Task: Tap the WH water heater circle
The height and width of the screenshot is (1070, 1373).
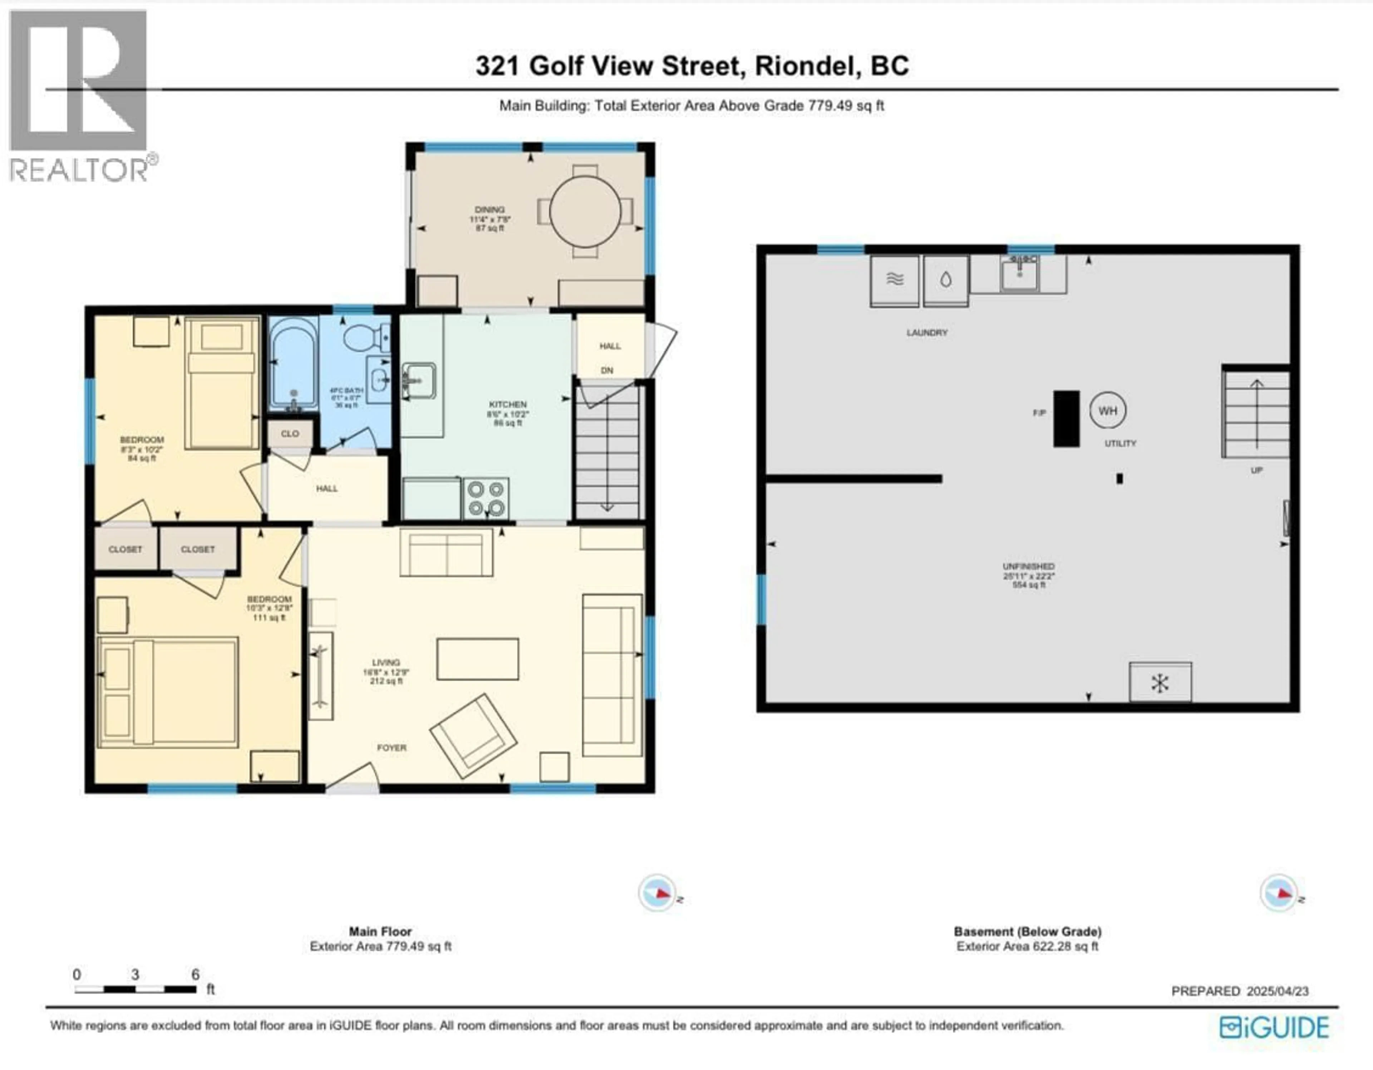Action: point(1108,411)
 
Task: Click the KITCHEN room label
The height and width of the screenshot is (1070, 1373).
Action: point(508,404)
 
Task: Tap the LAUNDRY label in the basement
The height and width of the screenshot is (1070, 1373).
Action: point(927,333)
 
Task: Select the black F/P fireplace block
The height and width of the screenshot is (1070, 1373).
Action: point(1066,419)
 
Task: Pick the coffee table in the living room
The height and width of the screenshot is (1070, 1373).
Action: point(478,659)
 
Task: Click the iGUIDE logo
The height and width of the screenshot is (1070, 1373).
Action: point(1274,1027)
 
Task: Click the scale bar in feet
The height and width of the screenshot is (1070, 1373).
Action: point(135,989)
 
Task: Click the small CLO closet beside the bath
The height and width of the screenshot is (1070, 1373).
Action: point(290,434)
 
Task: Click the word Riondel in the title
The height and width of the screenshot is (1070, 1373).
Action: point(807,66)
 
